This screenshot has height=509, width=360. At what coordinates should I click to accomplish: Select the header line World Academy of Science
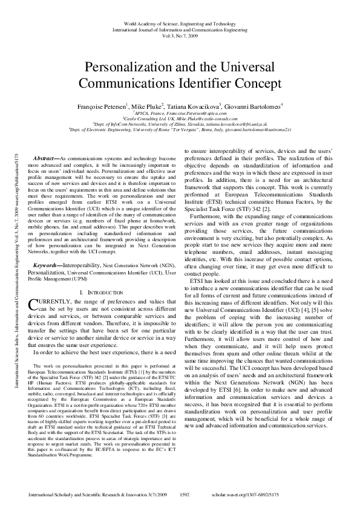pyautogui.click(x=180, y=23)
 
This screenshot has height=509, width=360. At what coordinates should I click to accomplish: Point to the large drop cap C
pyautogui.click(x=33, y=305)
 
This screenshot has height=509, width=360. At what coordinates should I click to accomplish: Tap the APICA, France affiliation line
pyautogui.click(x=180, y=112)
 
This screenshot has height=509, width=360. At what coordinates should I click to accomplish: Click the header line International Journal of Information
pyautogui.click(x=180, y=28)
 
